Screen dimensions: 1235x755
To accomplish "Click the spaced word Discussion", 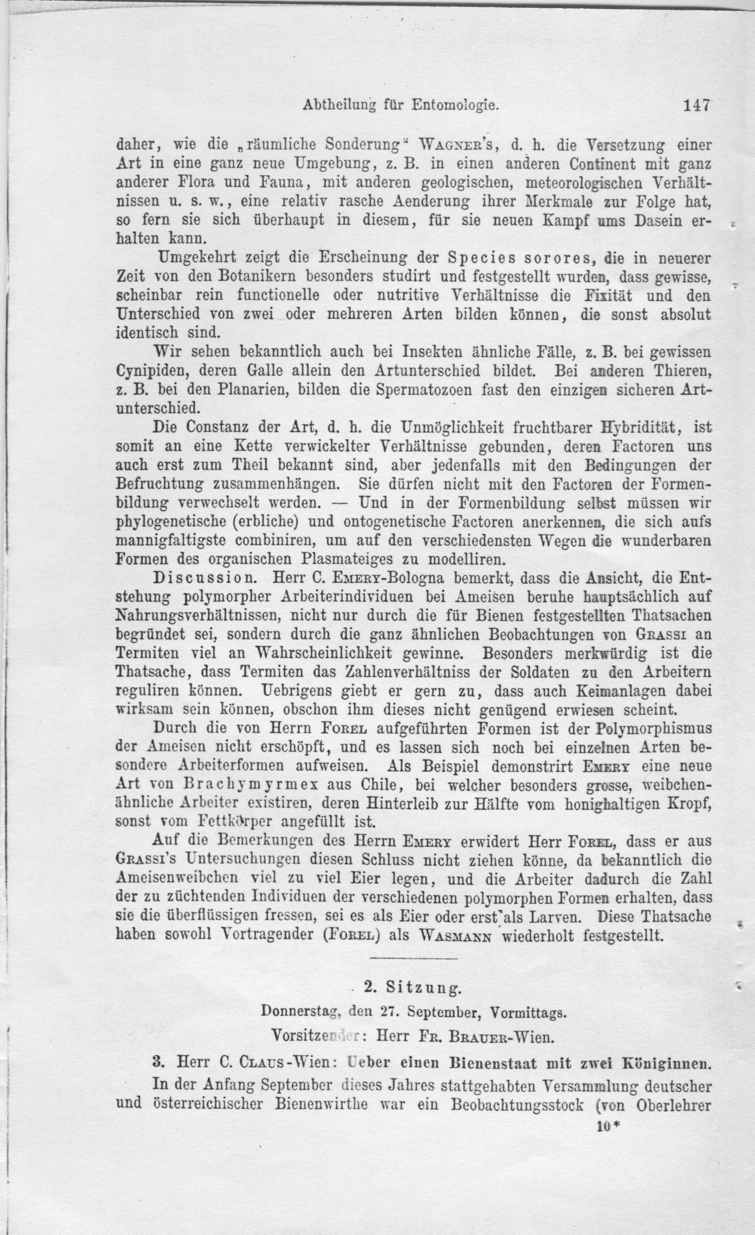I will click(x=205, y=578).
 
